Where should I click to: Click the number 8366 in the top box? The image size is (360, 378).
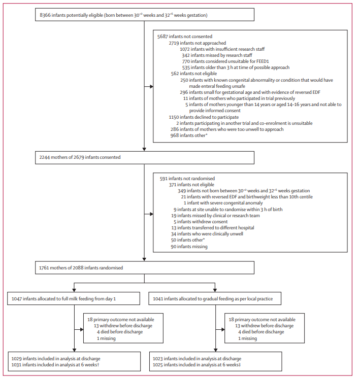tap(47, 15)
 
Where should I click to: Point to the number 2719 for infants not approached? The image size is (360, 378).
tap(176, 43)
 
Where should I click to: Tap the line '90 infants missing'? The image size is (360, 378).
tap(189, 247)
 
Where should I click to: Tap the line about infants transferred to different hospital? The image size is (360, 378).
tap(212, 228)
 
